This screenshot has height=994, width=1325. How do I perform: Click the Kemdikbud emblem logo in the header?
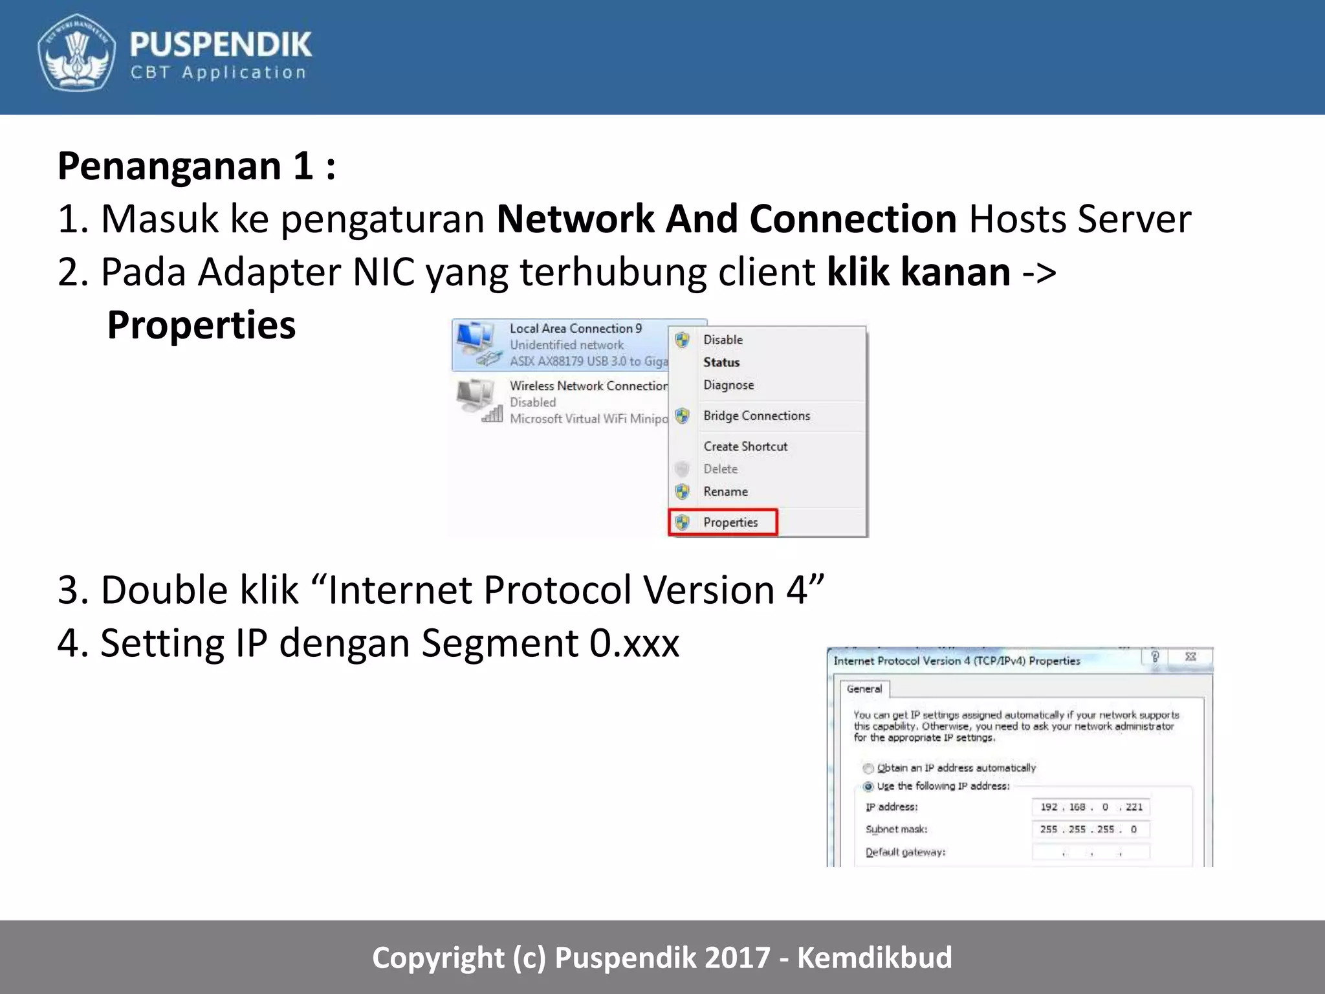pyautogui.click(x=76, y=52)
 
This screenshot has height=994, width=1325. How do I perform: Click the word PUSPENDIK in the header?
pyautogui.click(x=221, y=45)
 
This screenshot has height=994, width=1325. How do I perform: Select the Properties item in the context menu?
pyautogui.click(x=730, y=522)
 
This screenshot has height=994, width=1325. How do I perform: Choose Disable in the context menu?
pyautogui.click(x=723, y=340)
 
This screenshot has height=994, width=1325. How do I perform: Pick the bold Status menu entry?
pyautogui.click(x=721, y=362)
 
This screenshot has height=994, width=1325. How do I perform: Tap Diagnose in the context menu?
pyautogui.click(x=728, y=385)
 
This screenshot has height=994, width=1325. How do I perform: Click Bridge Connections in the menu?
pyautogui.click(x=756, y=415)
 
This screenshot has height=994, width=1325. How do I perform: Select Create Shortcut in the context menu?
pyautogui.click(x=745, y=447)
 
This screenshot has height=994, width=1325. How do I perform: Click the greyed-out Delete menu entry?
pyautogui.click(x=720, y=469)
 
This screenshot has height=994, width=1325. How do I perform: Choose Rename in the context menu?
pyautogui.click(x=725, y=492)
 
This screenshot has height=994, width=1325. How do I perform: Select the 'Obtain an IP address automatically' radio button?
pyautogui.click(x=868, y=768)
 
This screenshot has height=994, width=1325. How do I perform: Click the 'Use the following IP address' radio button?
pyautogui.click(x=868, y=787)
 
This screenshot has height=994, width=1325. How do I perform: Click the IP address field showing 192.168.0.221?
pyautogui.click(x=1091, y=807)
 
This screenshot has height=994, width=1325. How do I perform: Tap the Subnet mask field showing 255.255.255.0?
pyautogui.click(x=1091, y=830)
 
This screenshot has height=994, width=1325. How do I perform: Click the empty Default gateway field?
pyautogui.click(x=1091, y=852)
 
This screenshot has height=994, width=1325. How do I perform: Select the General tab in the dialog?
pyautogui.click(x=864, y=689)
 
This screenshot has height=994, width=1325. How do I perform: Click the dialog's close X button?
pyautogui.click(x=1190, y=657)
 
